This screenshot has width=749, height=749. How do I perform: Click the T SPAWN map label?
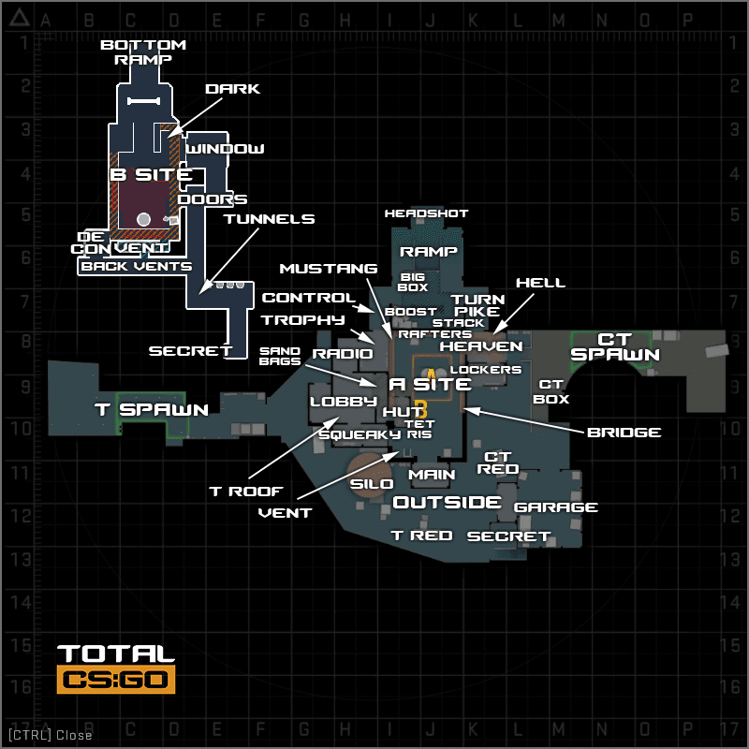point(152,409)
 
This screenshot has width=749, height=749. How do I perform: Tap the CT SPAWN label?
point(615,346)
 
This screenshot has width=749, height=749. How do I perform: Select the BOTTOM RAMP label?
point(143,51)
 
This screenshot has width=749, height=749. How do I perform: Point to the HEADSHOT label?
point(426,213)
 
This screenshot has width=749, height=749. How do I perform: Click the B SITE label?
point(152,174)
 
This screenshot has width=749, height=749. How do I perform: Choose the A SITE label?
point(430,384)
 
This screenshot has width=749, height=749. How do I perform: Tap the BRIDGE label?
point(624,433)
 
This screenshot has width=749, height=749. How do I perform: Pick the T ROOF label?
point(245,491)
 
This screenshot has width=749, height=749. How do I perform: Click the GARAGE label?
point(556,507)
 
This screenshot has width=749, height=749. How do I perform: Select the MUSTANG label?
point(328,269)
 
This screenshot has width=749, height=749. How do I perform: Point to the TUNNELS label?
point(269,219)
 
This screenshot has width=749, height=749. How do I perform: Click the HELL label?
point(540,283)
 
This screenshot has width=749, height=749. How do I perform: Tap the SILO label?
point(372,484)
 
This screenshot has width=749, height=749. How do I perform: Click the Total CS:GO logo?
point(116,668)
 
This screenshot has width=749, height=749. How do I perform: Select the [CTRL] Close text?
point(50,735)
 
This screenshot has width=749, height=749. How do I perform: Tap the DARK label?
point(232,89)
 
